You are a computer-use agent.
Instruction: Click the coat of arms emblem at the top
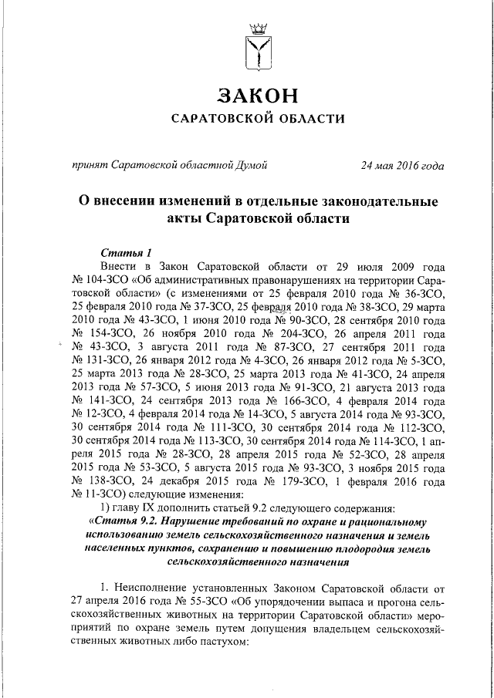(256, 47)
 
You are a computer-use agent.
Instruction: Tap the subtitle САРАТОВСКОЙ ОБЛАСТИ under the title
(256, 119)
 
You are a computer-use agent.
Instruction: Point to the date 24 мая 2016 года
(403, 164)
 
